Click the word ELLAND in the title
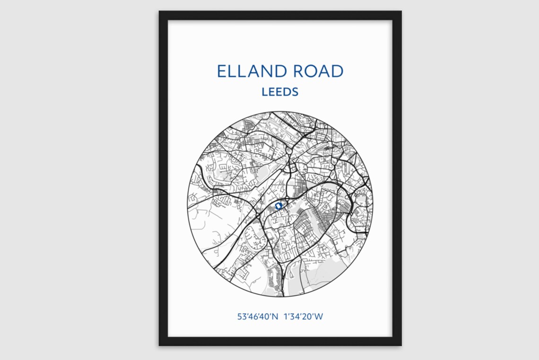point(252,71)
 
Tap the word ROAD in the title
point(318,71)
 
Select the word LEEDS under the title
point(280,92)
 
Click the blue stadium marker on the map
point(278,206)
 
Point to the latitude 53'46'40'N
point(258,316)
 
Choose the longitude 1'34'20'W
point(303,316)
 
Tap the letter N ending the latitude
point(275,316)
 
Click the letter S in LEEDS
point(295,92)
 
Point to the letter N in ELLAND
point(267,71)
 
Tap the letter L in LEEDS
point(265,92)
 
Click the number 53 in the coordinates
point(241,316)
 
